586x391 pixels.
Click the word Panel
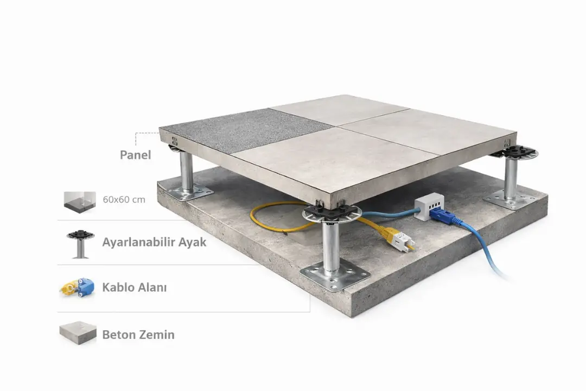(x=135, y=155)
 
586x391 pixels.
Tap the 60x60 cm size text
(x=124, y=199)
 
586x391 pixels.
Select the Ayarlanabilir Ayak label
(x=154, y=242)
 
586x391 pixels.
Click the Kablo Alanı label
(x=135, y=287)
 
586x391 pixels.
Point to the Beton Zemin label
(x=138, y=335)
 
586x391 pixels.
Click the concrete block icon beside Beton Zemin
(x=78, y=333)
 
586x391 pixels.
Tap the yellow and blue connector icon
(x=78, y=287)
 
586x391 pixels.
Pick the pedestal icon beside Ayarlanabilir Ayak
(x=80, y=244)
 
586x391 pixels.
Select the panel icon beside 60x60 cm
(x=80, y=202)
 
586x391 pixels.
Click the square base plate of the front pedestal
(x=335, y=275)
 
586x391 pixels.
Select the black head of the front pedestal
(x=332, y=213)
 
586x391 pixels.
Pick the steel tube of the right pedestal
(x=511, y=179)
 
